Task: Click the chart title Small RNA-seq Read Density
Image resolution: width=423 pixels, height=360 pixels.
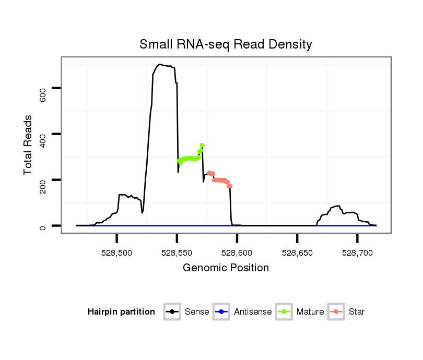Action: point(226,44)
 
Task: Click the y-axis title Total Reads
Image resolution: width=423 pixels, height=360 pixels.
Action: point(29,145)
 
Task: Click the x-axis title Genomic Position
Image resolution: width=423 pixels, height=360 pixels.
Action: point(226,268)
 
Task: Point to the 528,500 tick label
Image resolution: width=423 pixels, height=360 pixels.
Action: point(117,253)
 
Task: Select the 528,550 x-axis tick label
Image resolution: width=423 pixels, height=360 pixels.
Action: point(177,253)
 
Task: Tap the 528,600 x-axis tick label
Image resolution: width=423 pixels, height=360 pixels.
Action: point(237,253)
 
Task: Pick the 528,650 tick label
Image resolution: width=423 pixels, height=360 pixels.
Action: point(297,253)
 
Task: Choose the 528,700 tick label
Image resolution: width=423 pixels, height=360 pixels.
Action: point(357,253)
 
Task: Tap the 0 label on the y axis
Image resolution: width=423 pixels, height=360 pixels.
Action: point(43,226)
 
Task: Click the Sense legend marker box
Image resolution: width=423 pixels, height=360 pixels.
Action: point(172,312)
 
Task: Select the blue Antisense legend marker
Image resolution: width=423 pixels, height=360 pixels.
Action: point(221,312)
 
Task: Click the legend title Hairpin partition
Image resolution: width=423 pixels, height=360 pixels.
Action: point(121,312)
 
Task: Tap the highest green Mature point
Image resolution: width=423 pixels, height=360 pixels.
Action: point(202,145)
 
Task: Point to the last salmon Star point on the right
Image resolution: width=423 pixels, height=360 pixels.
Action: point(230,186)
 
